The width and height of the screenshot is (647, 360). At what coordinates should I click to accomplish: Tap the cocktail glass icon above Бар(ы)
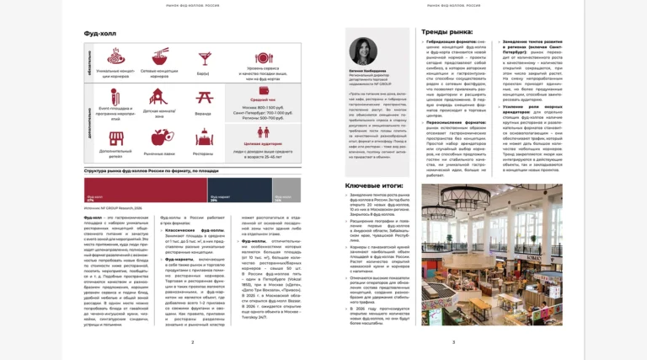[203, 58]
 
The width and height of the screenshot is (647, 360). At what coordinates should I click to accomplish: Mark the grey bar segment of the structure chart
[286, 190]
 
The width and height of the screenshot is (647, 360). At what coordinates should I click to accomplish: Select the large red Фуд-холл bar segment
[145, 190]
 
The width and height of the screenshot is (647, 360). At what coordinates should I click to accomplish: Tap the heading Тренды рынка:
[446, 32]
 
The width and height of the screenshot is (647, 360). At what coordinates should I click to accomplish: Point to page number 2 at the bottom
[192, 341]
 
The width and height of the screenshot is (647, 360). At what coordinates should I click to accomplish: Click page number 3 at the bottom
[453, 341]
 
